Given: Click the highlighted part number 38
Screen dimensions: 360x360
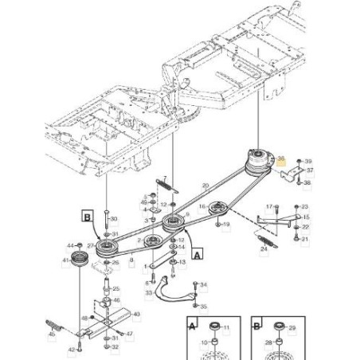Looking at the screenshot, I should [x=280, y=160].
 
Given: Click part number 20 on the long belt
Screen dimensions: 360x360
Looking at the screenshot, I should [x=205, y=186].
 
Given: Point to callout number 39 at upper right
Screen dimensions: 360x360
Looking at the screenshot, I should [x=309, y=162].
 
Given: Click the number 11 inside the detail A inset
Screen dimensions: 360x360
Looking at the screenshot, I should [x=225, y=328].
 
